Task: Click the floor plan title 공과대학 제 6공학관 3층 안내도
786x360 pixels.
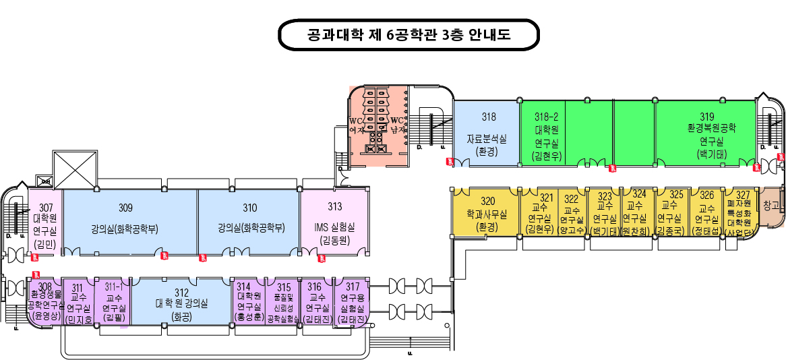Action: pos(409,35)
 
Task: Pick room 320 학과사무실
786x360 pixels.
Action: pos(487,213)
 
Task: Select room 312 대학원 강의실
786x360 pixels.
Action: pos(181,303)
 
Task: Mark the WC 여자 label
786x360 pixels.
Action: pos(357,125)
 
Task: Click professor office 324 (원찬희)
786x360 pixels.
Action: pos(637,213)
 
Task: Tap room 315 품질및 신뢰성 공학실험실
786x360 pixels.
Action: pos(283,303)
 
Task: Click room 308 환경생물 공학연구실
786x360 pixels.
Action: pos(45,303)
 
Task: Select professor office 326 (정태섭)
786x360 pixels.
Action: pos(706,213)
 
